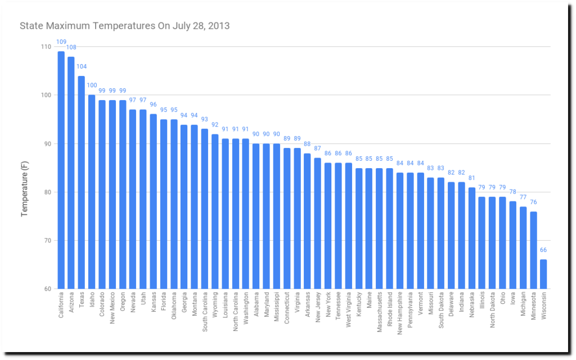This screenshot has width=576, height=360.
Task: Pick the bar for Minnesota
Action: tap(533, 250)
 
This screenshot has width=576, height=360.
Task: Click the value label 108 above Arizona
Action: tap(71, 47)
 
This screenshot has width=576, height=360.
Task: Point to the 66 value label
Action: tap(543, 250)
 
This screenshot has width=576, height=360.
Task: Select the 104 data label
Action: tap(82, 66)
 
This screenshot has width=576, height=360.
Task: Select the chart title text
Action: tap(124, 26)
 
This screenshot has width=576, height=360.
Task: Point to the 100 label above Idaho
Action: tap(92, 85)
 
